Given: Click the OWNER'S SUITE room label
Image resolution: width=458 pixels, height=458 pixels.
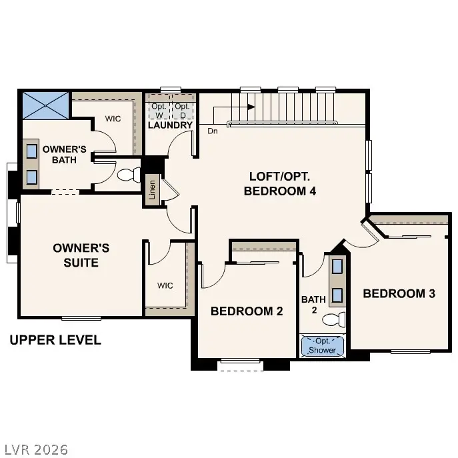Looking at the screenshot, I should [81, 255].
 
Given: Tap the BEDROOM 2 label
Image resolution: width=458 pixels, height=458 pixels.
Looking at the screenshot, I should [247, 311].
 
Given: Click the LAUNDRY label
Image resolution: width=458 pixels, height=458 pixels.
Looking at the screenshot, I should [170, 125].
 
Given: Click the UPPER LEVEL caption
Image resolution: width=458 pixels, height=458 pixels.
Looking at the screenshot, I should [55, 341].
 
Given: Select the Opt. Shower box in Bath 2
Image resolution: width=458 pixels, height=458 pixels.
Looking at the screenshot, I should [323, 345].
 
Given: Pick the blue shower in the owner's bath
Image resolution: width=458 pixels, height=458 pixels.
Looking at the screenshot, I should [45, 105].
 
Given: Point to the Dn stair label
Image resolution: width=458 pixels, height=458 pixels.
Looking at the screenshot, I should [213, 131].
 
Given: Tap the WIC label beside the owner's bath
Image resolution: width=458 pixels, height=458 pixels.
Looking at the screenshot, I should [113, 119].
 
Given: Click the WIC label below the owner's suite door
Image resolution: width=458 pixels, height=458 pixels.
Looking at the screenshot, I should [165, 285].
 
